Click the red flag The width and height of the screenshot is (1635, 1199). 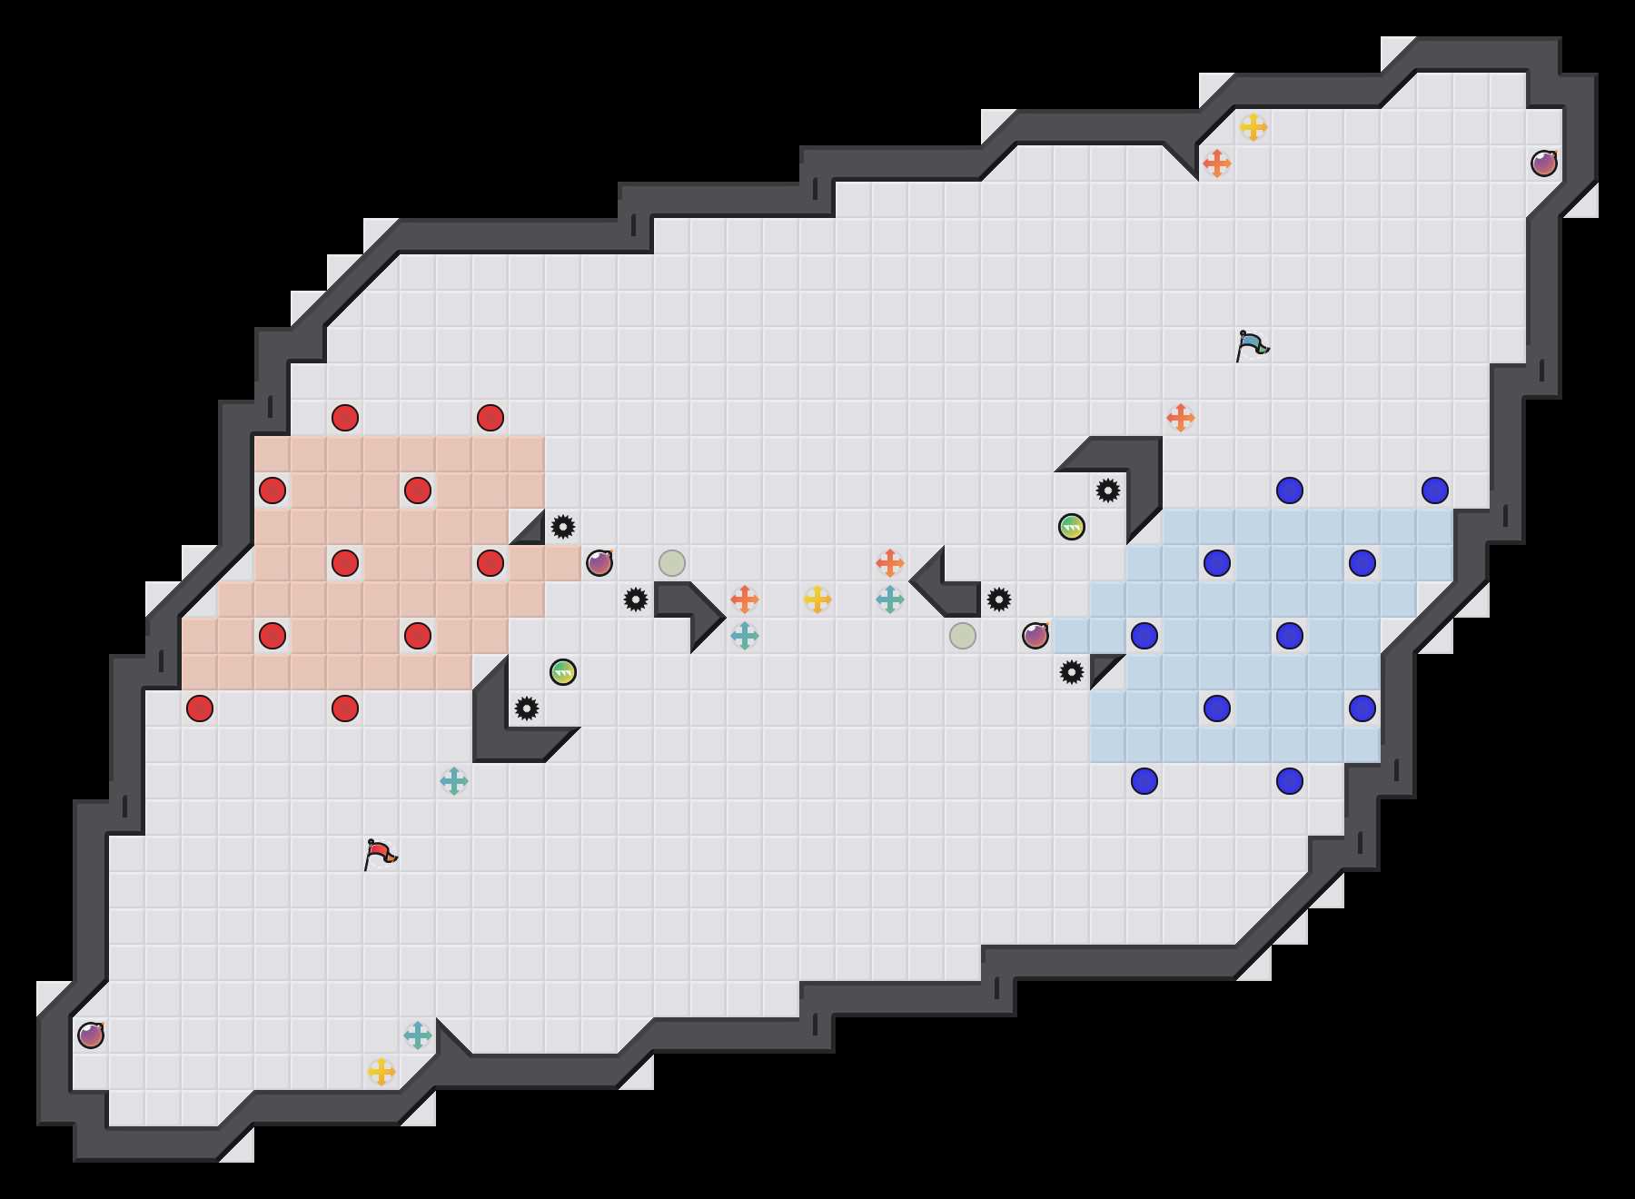[380, 854]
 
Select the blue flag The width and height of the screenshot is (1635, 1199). [1252, 345]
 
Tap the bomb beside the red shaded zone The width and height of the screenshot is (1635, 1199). [599, 563]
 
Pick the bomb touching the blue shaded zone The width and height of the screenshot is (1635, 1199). [1035, 636]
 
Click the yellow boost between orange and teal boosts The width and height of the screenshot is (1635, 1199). [817, 599]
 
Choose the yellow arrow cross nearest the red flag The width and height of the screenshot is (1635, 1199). [381, 1072]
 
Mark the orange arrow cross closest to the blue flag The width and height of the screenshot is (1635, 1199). [1181, 418]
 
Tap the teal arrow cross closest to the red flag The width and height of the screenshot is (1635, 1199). [454, 781]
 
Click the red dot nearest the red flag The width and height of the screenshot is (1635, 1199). [345, 708]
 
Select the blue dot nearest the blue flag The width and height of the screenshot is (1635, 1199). [1290, 490]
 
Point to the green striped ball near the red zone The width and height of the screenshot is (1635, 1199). [563, 672]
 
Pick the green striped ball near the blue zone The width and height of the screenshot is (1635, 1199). [1072, 527]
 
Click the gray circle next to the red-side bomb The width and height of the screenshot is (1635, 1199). [672, 563]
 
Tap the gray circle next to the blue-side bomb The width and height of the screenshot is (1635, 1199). [963, 636]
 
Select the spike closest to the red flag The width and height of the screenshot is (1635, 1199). [527, 708]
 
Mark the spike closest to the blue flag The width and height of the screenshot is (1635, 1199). [1108, 490]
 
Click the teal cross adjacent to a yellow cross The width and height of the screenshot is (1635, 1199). [418, 1035]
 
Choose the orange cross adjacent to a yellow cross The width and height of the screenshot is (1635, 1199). [1217, 163]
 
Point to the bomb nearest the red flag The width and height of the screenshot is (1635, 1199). [91, 1035]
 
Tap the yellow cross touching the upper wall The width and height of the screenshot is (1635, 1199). [1253, 127]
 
